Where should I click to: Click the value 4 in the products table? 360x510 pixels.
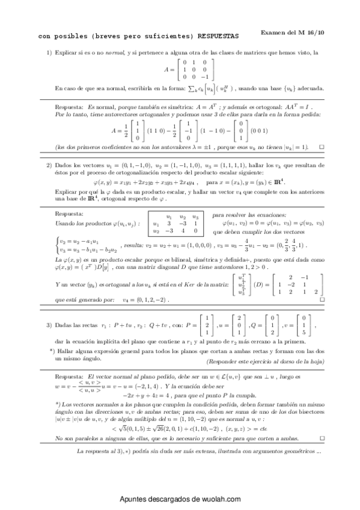[x=182, y=213]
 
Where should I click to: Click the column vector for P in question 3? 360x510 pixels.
[x=203, y=325]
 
